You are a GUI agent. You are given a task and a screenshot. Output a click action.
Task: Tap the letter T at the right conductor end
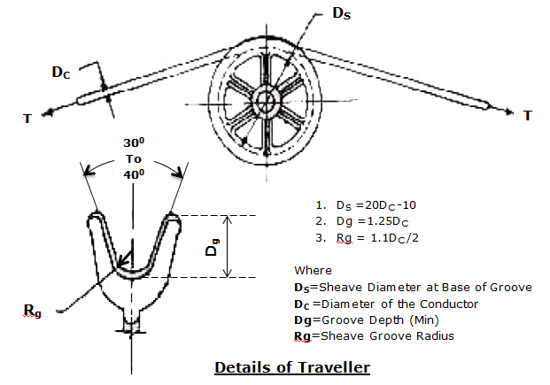[x=529, y=116]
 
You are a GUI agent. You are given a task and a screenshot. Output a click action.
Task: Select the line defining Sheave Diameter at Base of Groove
[x=413, y=287]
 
